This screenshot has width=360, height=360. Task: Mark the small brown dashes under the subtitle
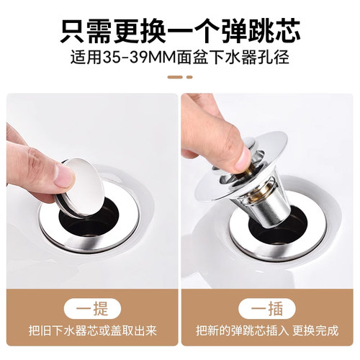[180, 77]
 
